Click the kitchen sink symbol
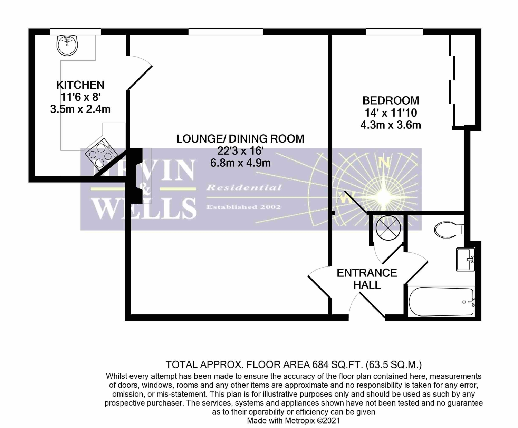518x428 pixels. click(67, 45)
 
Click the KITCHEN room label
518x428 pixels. click(80, 85)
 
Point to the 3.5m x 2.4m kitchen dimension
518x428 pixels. click(80, 109)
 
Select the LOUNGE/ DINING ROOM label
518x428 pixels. click(240, 139)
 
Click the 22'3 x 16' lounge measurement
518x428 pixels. click(240, 151)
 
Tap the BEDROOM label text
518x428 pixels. click(391, 100)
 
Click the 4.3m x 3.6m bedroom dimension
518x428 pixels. click(391, 125)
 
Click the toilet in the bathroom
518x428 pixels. click(448, 230)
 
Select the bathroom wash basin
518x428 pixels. click(466, 259)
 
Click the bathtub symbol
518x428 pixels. click(441, 302)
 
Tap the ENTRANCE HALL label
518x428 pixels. click(367, 279)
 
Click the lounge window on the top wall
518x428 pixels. click(226, 32)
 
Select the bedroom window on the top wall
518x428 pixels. click(394, 32)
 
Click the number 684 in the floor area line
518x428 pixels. click(320, 364)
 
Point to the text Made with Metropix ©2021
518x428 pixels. click(293, 421)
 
